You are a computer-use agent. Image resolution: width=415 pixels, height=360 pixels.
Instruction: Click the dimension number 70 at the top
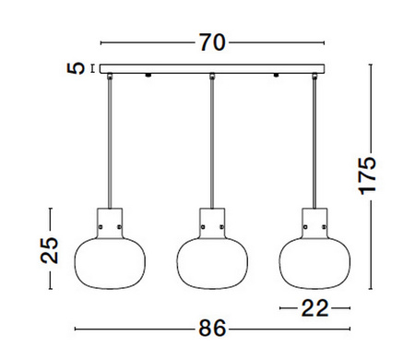tap(211, 42)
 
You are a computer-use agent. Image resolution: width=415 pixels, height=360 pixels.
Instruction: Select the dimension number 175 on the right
tap(368, 175)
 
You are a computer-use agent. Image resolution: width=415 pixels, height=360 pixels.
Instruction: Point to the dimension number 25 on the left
tap(51, 248)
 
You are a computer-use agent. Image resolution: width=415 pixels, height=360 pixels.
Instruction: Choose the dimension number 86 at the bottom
tap(211, 329)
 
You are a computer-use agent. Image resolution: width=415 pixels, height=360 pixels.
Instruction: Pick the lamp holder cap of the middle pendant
tap(212, 222)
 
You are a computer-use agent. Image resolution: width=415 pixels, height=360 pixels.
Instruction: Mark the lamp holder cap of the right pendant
tap(314, 222)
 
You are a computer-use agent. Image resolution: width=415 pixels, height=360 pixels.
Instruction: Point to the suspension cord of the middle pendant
tap(212, 138)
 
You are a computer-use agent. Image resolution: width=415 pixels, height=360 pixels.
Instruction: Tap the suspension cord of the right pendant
tap(314, 138)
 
